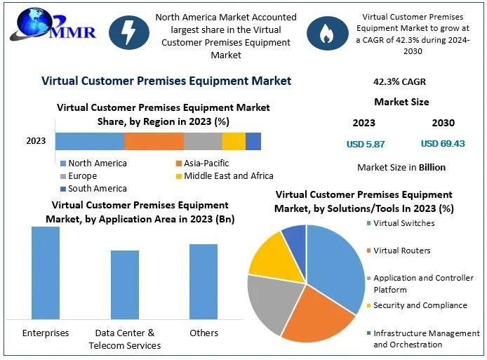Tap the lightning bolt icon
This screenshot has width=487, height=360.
(128, 32)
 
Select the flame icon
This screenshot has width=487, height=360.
(325, 32)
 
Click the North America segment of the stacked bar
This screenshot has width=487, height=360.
(89, 141)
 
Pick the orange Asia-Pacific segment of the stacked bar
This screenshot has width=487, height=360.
(154, 141)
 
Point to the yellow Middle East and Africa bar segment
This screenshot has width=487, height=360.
(234, 141)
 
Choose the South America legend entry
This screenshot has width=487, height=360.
(93, 189)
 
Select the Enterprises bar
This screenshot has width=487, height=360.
(46, 273)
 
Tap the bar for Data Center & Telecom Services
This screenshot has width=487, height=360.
(125, 285)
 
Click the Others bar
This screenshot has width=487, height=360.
(204, 281)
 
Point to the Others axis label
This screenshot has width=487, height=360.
(204, 333)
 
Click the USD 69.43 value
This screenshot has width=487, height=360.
(443, 144)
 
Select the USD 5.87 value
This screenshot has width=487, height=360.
(365, 144)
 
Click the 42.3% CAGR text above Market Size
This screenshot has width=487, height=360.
(399, 82)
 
